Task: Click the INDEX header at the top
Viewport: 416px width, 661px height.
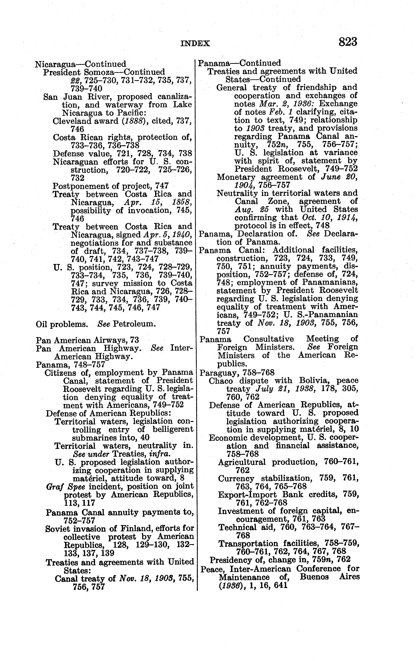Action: click(195, 43)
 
